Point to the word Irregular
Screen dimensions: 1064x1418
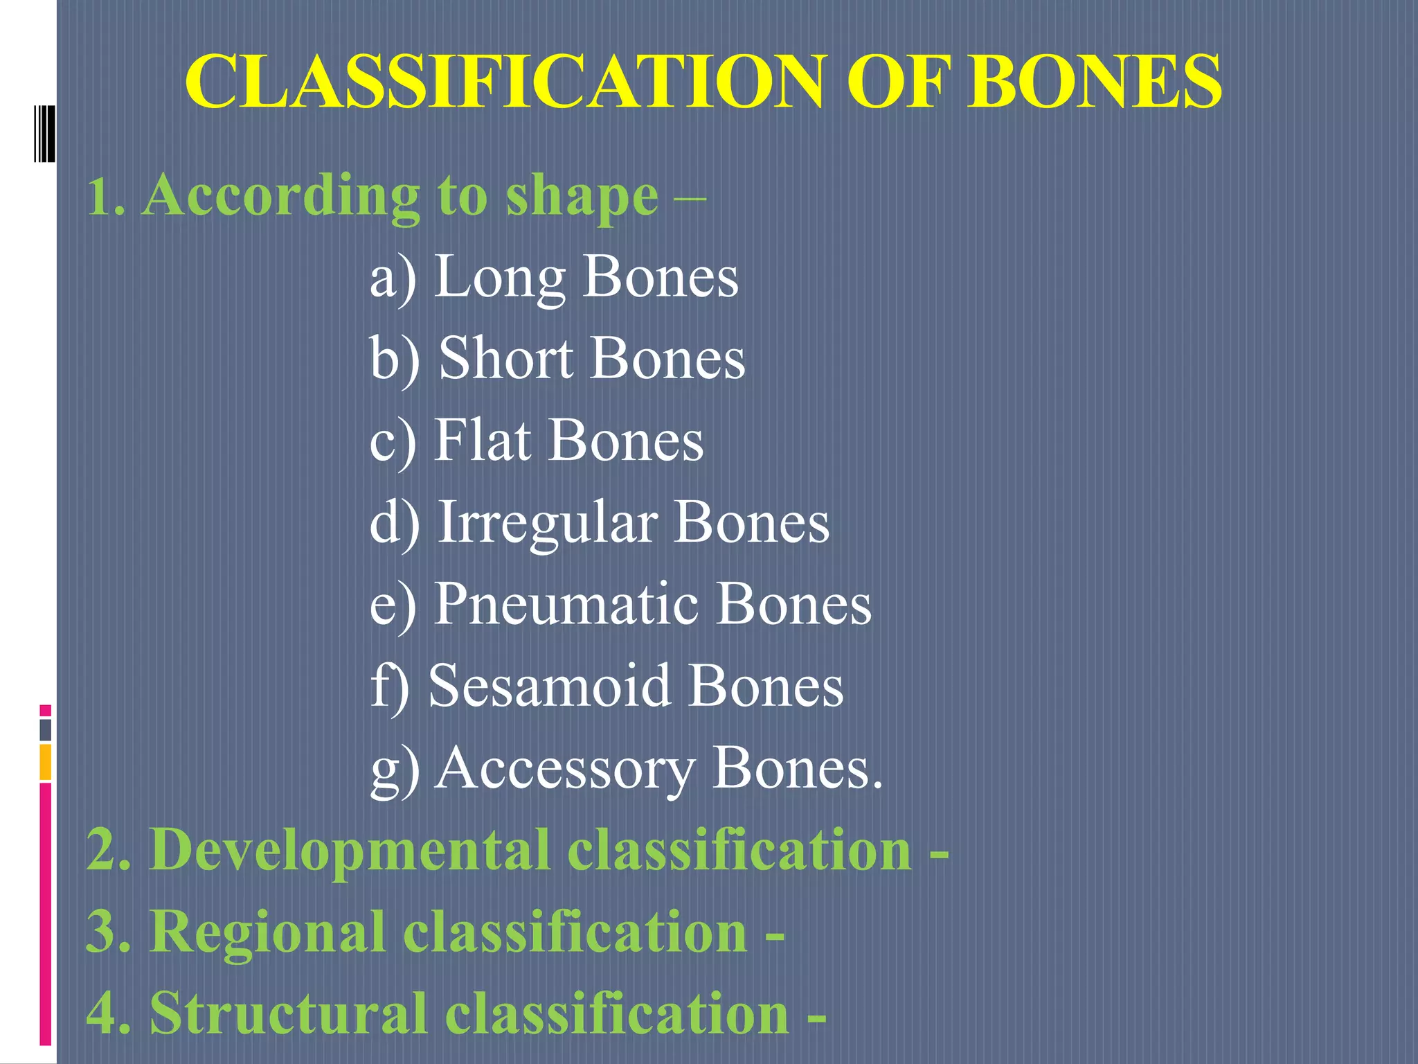click(x=548, y=523)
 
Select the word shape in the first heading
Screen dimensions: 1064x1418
click(x=582, y=197)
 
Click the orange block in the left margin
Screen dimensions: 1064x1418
click(x=46, y=762)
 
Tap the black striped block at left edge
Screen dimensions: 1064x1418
click(x=44, y=134)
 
